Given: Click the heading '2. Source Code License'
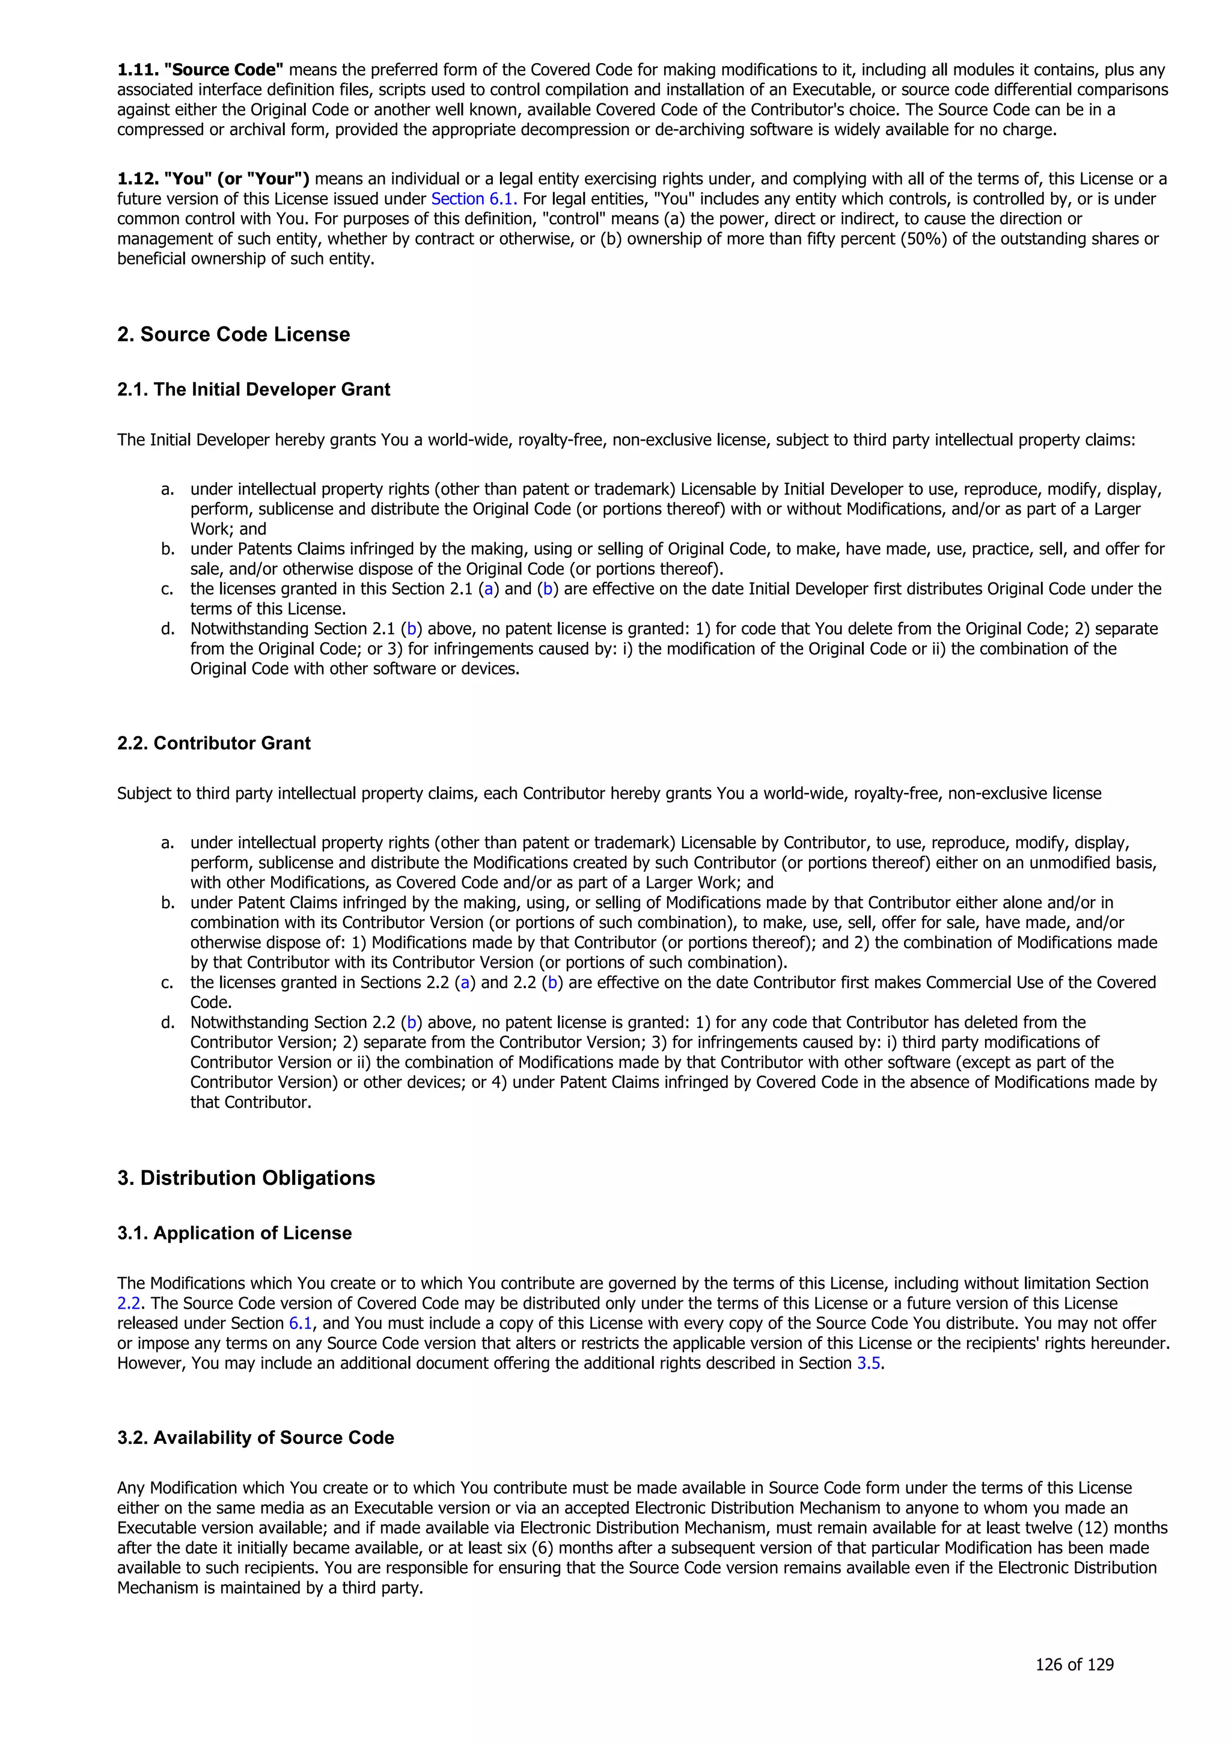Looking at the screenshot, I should point(234,335).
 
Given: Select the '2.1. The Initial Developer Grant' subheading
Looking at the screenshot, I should point(253,390).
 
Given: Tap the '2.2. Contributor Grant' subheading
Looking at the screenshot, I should point(213,743).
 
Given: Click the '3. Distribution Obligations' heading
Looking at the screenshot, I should point(246,1178).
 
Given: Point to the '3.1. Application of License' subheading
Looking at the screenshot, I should point(234,1233).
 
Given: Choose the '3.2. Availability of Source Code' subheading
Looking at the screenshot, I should point(255,1438).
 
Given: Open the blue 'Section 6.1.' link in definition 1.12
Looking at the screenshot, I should point(474,199).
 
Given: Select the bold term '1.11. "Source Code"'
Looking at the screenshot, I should point(200,70).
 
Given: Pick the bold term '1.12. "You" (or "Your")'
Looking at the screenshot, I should point(213,179).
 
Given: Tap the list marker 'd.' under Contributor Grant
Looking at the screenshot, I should point(168,1022).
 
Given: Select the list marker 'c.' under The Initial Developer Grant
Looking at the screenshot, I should point(168,588).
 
